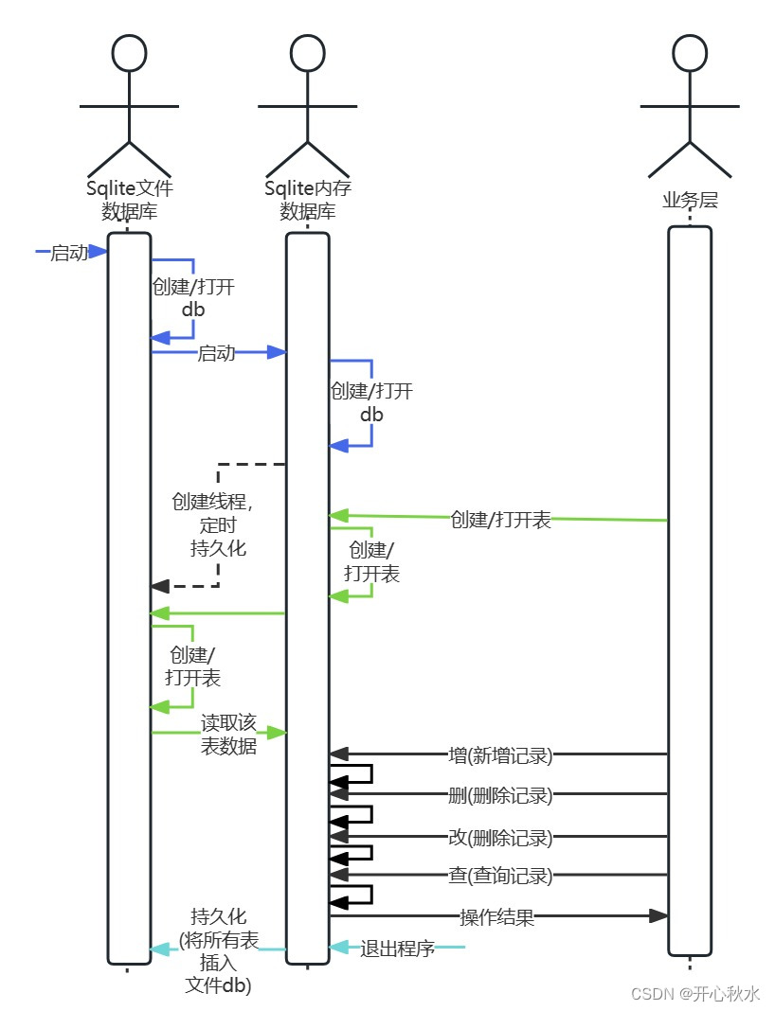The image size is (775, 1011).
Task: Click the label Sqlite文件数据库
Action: click(129, 199)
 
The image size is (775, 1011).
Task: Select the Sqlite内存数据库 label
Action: click(307, 199)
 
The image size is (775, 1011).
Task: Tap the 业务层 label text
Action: click(690, 200)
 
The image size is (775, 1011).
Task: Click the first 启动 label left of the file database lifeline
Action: click(69, 252)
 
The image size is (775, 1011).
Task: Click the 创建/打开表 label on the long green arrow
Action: click(500, 520)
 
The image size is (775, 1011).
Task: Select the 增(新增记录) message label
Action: click(500, 755)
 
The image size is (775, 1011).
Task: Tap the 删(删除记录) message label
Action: click(500, 795)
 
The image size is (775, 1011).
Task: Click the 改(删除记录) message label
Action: click(500, 837)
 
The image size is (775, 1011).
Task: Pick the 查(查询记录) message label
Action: click(500, 876)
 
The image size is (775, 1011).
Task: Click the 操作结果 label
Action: click(497, 916)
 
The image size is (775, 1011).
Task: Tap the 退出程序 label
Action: click(397, 948)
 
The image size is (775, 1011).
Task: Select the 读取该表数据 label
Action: click(228, 734)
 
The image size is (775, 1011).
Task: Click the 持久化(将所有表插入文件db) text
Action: click(219, 949)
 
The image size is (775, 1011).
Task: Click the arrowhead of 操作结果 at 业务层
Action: click(659, 915)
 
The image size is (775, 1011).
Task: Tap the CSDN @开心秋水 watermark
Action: click(695, 993)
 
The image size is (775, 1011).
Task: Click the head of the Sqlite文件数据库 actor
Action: click(129, 53)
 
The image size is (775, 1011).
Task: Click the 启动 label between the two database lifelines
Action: click(216, 353)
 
